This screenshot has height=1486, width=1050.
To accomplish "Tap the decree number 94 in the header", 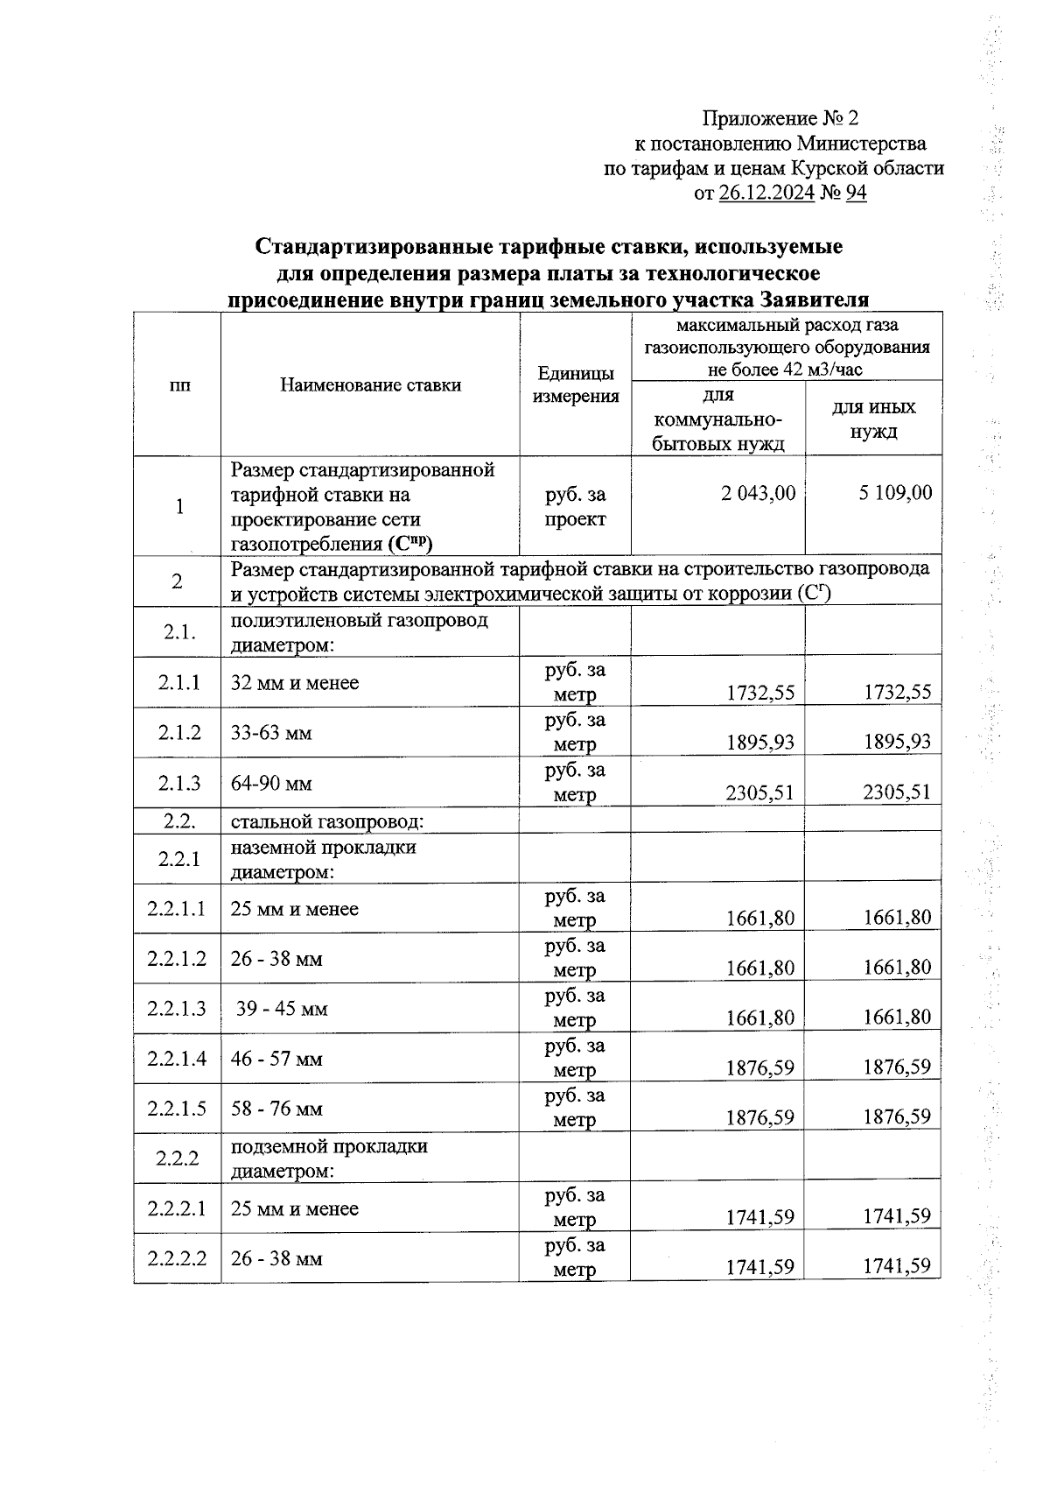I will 856,194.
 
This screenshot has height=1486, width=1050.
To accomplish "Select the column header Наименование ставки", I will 370,384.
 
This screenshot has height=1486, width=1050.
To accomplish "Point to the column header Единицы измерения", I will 576,384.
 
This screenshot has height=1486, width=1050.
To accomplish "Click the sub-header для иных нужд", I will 872,419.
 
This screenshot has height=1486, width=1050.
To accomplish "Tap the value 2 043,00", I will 758,493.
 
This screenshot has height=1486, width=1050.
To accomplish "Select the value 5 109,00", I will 895,493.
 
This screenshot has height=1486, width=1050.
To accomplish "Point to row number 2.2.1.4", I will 178,1059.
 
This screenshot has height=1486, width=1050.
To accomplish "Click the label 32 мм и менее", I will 295,683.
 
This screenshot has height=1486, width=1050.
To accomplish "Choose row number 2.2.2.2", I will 178,1258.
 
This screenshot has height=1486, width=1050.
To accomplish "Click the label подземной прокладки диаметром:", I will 329,1158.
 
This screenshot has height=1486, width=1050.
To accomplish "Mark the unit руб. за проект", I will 575,506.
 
